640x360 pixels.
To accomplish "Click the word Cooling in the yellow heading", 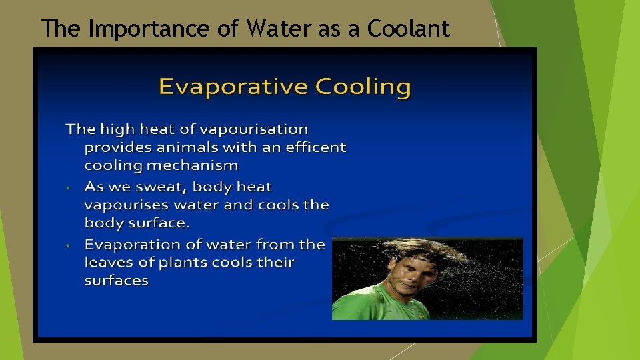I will pos(363,87).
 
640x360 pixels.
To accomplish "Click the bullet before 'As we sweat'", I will pos(69,188).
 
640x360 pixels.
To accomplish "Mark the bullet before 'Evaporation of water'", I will pos(69,245).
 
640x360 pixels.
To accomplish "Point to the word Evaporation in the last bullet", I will pos(133,245).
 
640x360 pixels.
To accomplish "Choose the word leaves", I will pos(108,263).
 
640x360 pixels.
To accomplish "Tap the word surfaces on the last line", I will pos(117,281).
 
